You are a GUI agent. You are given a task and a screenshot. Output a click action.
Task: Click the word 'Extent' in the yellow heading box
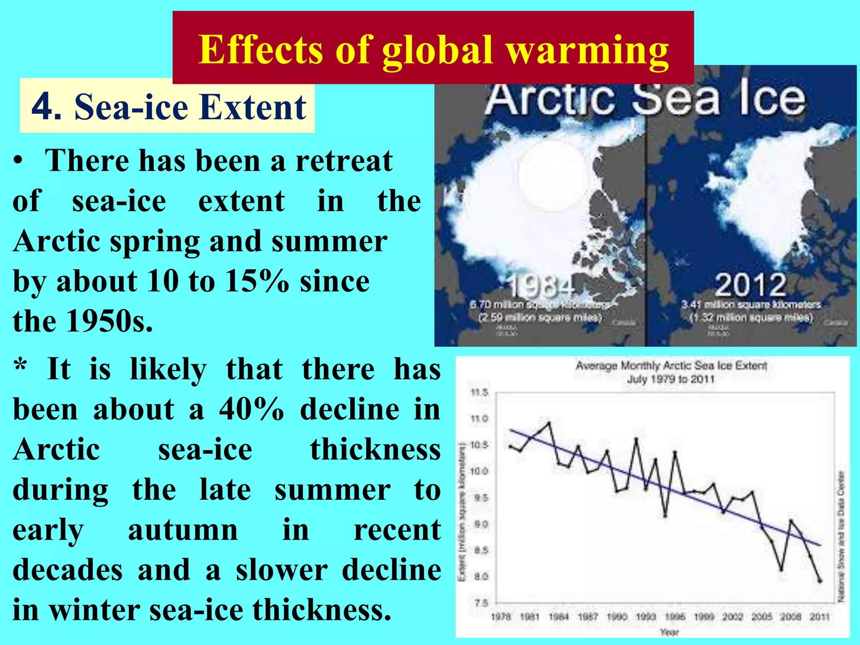click(252, 107)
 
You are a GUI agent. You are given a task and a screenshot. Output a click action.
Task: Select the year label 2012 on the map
click(750, 285)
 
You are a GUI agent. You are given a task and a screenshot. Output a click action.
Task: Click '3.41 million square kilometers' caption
click(750, 304)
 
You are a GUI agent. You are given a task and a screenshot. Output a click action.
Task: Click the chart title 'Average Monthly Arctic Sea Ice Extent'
click(671, 366)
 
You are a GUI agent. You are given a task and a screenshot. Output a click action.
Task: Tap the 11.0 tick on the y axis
click(479, 419)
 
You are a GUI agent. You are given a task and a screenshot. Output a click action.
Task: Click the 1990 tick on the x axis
click(617, 616)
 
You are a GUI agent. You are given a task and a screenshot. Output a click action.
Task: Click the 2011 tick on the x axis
click(820, 616)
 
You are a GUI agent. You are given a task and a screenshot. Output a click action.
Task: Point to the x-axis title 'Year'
click(669, 632)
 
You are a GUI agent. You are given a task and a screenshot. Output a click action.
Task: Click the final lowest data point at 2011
click(820, 581)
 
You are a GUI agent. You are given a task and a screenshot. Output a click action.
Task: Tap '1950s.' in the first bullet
click(110, 321)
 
